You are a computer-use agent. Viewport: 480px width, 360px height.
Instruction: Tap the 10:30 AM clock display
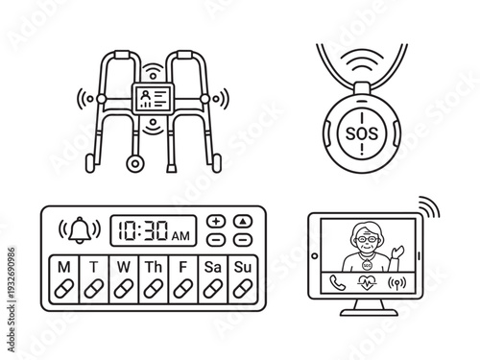[x=150, y=228]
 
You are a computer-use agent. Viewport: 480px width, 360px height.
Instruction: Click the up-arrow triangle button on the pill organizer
[x=243, y=220]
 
